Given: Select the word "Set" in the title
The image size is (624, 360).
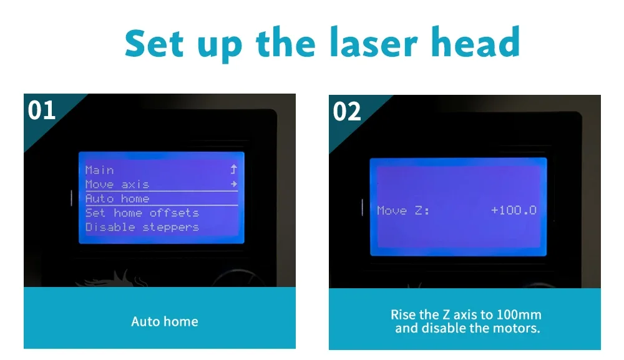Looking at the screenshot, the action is (x=154, y=43).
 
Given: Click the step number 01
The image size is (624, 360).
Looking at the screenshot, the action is (x=41, y=110).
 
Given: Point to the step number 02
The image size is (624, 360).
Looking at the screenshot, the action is (x=346, y=112).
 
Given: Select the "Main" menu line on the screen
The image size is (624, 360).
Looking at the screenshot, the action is (x=99, y=170).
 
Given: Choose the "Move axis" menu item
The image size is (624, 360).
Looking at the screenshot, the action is (x=117, y=184).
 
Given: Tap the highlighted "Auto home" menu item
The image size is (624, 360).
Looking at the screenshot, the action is (x=117, y=198).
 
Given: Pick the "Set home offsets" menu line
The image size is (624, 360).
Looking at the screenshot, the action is (x=142, y=213).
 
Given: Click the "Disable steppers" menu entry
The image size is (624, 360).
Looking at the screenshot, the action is (x=142, y=227).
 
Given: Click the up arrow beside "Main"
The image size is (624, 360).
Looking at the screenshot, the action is (x=233, y=170).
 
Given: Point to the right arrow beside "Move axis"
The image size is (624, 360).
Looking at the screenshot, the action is (x=234, y=184).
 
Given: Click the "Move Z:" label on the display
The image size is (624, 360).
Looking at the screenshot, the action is (x=403, y=210).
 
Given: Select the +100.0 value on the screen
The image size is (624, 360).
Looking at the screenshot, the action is (x=514, y=210).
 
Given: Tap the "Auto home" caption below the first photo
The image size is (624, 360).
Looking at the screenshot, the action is (x=165, y=321).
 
